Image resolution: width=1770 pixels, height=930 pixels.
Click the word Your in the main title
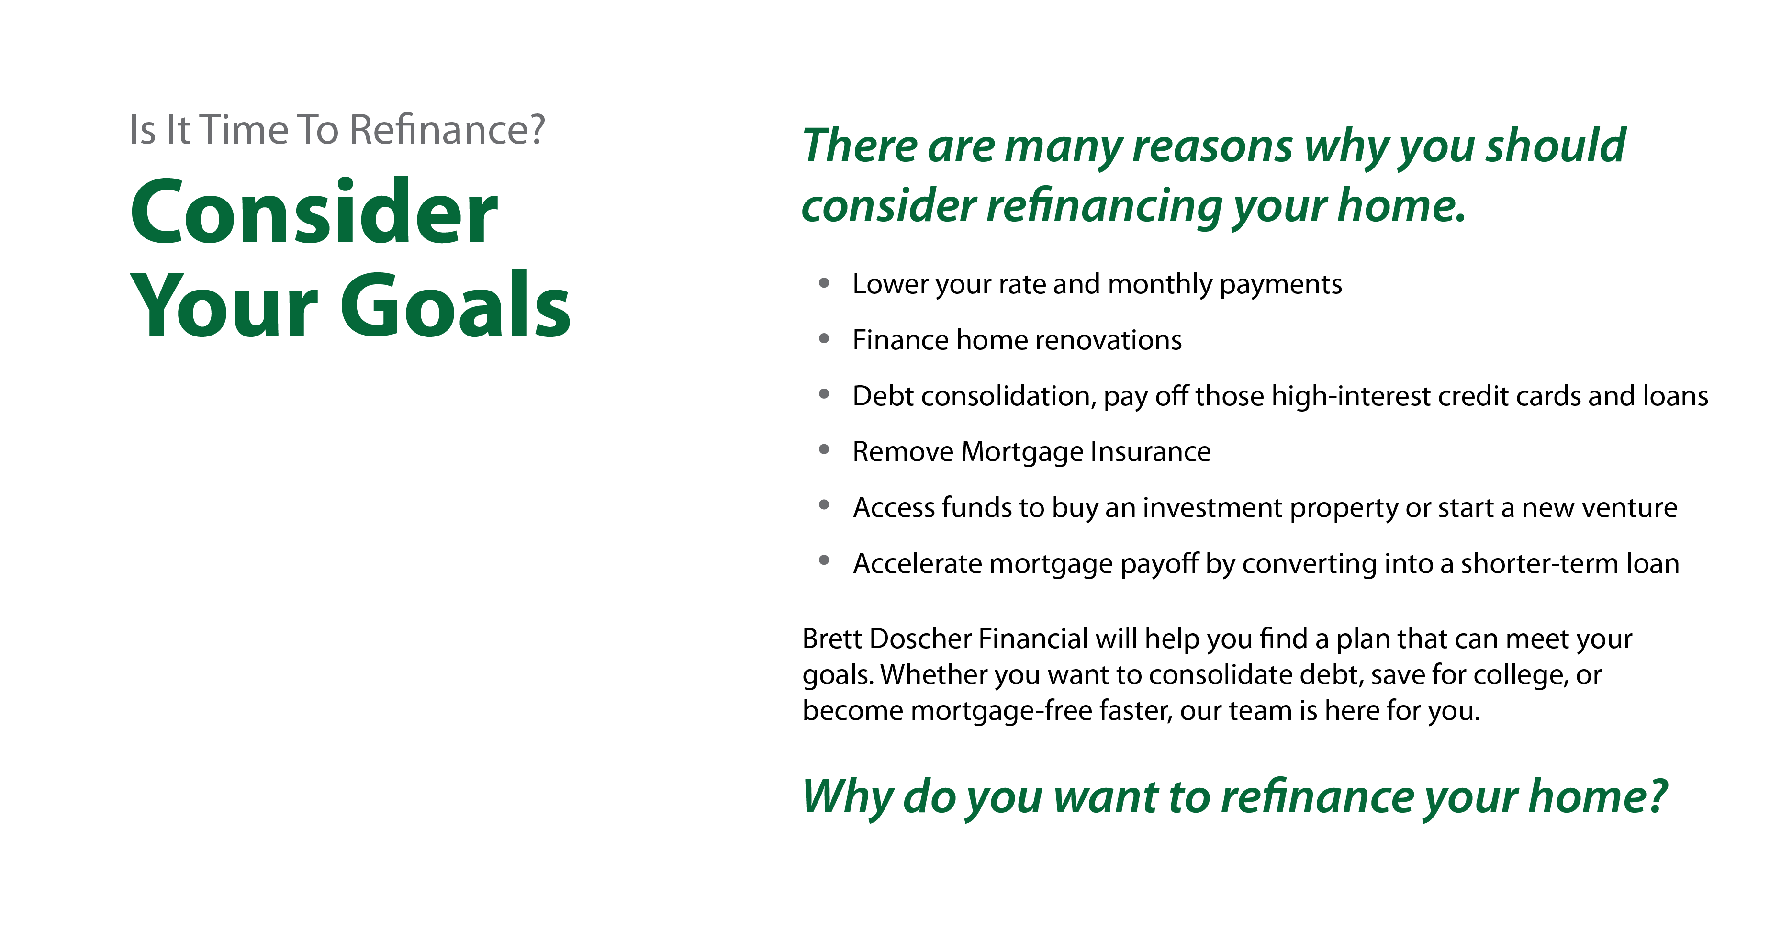pos(224,306)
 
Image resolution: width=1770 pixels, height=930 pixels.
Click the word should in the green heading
pos(1556,145)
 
